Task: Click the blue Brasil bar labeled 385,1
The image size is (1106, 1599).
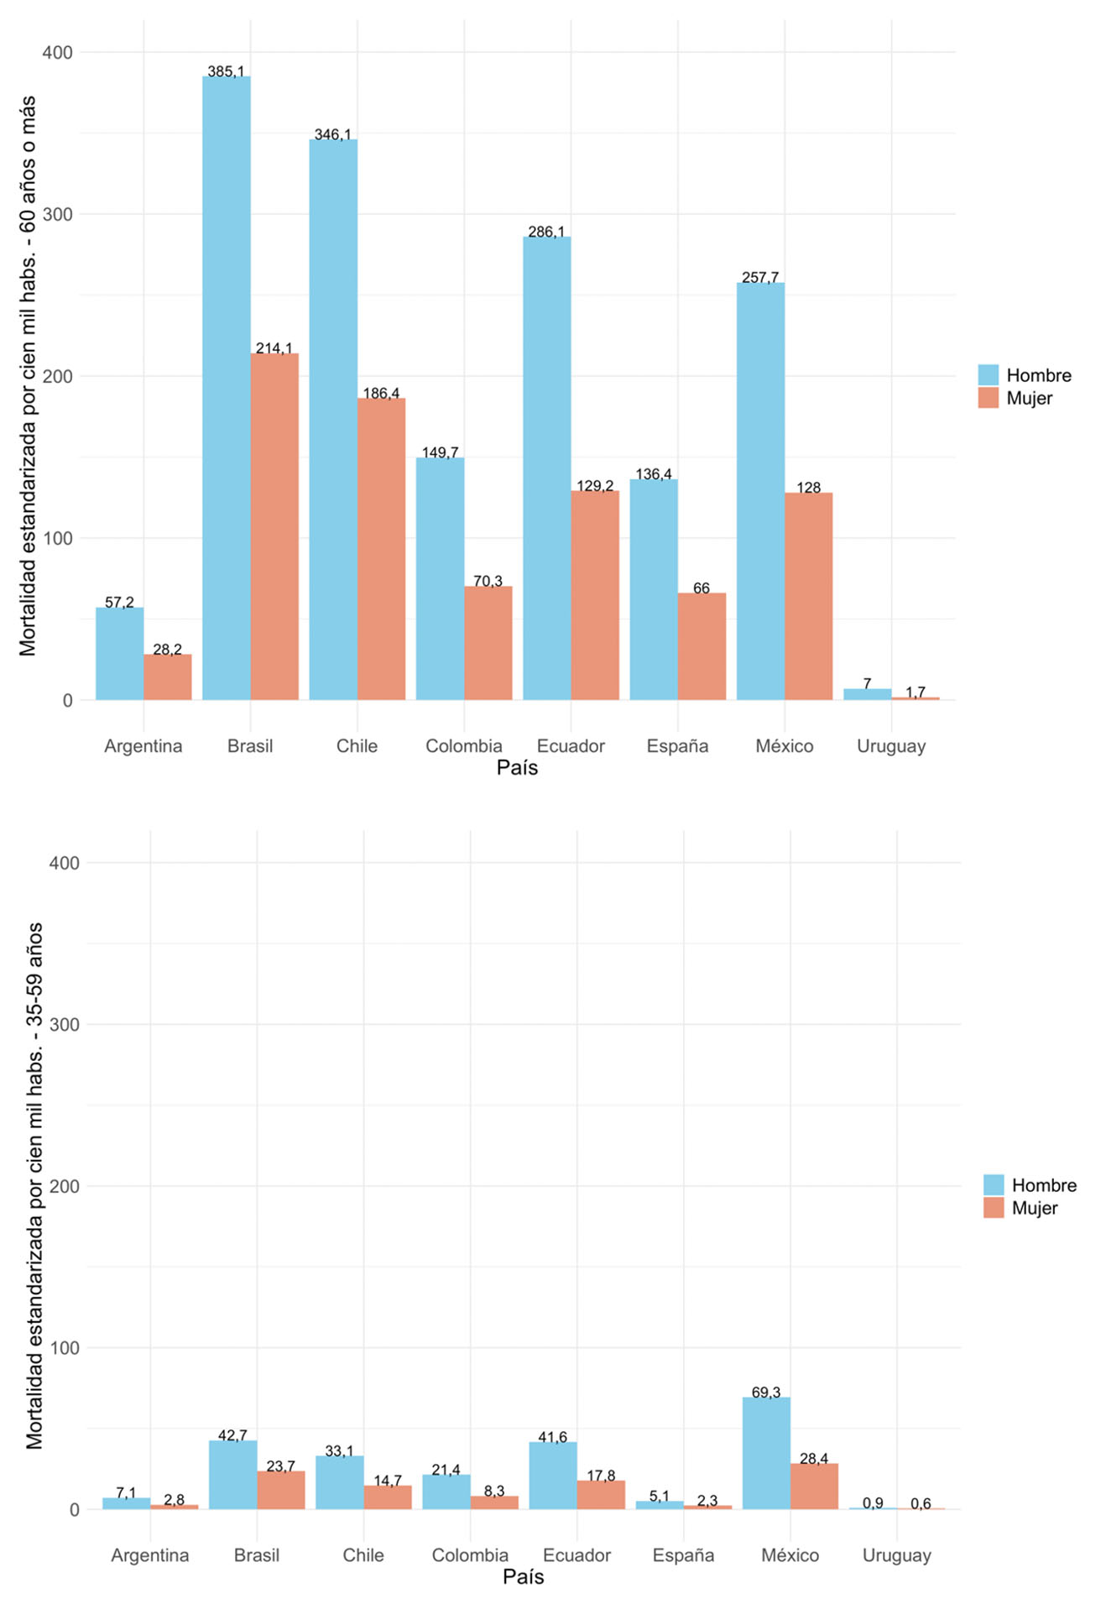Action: click(226, 386)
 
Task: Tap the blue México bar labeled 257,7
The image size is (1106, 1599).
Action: click(760, 490)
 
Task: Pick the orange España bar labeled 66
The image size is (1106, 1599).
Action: click(702, 645)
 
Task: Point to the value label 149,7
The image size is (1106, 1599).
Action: click(440, 453)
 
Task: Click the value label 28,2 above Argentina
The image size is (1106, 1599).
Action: click(167, 650)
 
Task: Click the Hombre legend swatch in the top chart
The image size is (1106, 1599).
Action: click(989, 375)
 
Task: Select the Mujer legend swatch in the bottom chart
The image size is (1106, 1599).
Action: click(994, 1208)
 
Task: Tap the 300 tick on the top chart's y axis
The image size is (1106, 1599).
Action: click(58, 214)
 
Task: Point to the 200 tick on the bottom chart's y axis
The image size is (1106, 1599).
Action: click(64, 1186)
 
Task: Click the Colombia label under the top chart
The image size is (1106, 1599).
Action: click(463, 746)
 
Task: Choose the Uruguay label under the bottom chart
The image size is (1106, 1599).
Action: click(896, 1555)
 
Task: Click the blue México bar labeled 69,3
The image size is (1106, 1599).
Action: click(766, 1454)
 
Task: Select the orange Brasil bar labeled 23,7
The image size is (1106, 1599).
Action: click(281, 1491)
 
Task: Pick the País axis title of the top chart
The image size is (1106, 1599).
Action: click(517, 767)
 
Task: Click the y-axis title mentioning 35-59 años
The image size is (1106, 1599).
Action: click(34, 1186)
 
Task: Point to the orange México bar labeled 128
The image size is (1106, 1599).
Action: click(808, 596)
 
